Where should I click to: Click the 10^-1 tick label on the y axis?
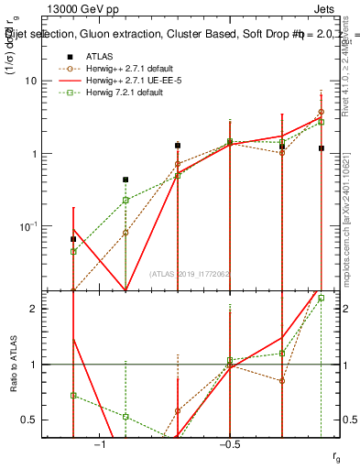coord(30,226)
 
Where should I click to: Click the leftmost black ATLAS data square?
coord(73,239)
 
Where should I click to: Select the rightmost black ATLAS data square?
coord(322,147)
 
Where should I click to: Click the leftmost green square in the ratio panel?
coord(73,396)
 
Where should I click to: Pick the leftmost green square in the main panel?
coord(73,251)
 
